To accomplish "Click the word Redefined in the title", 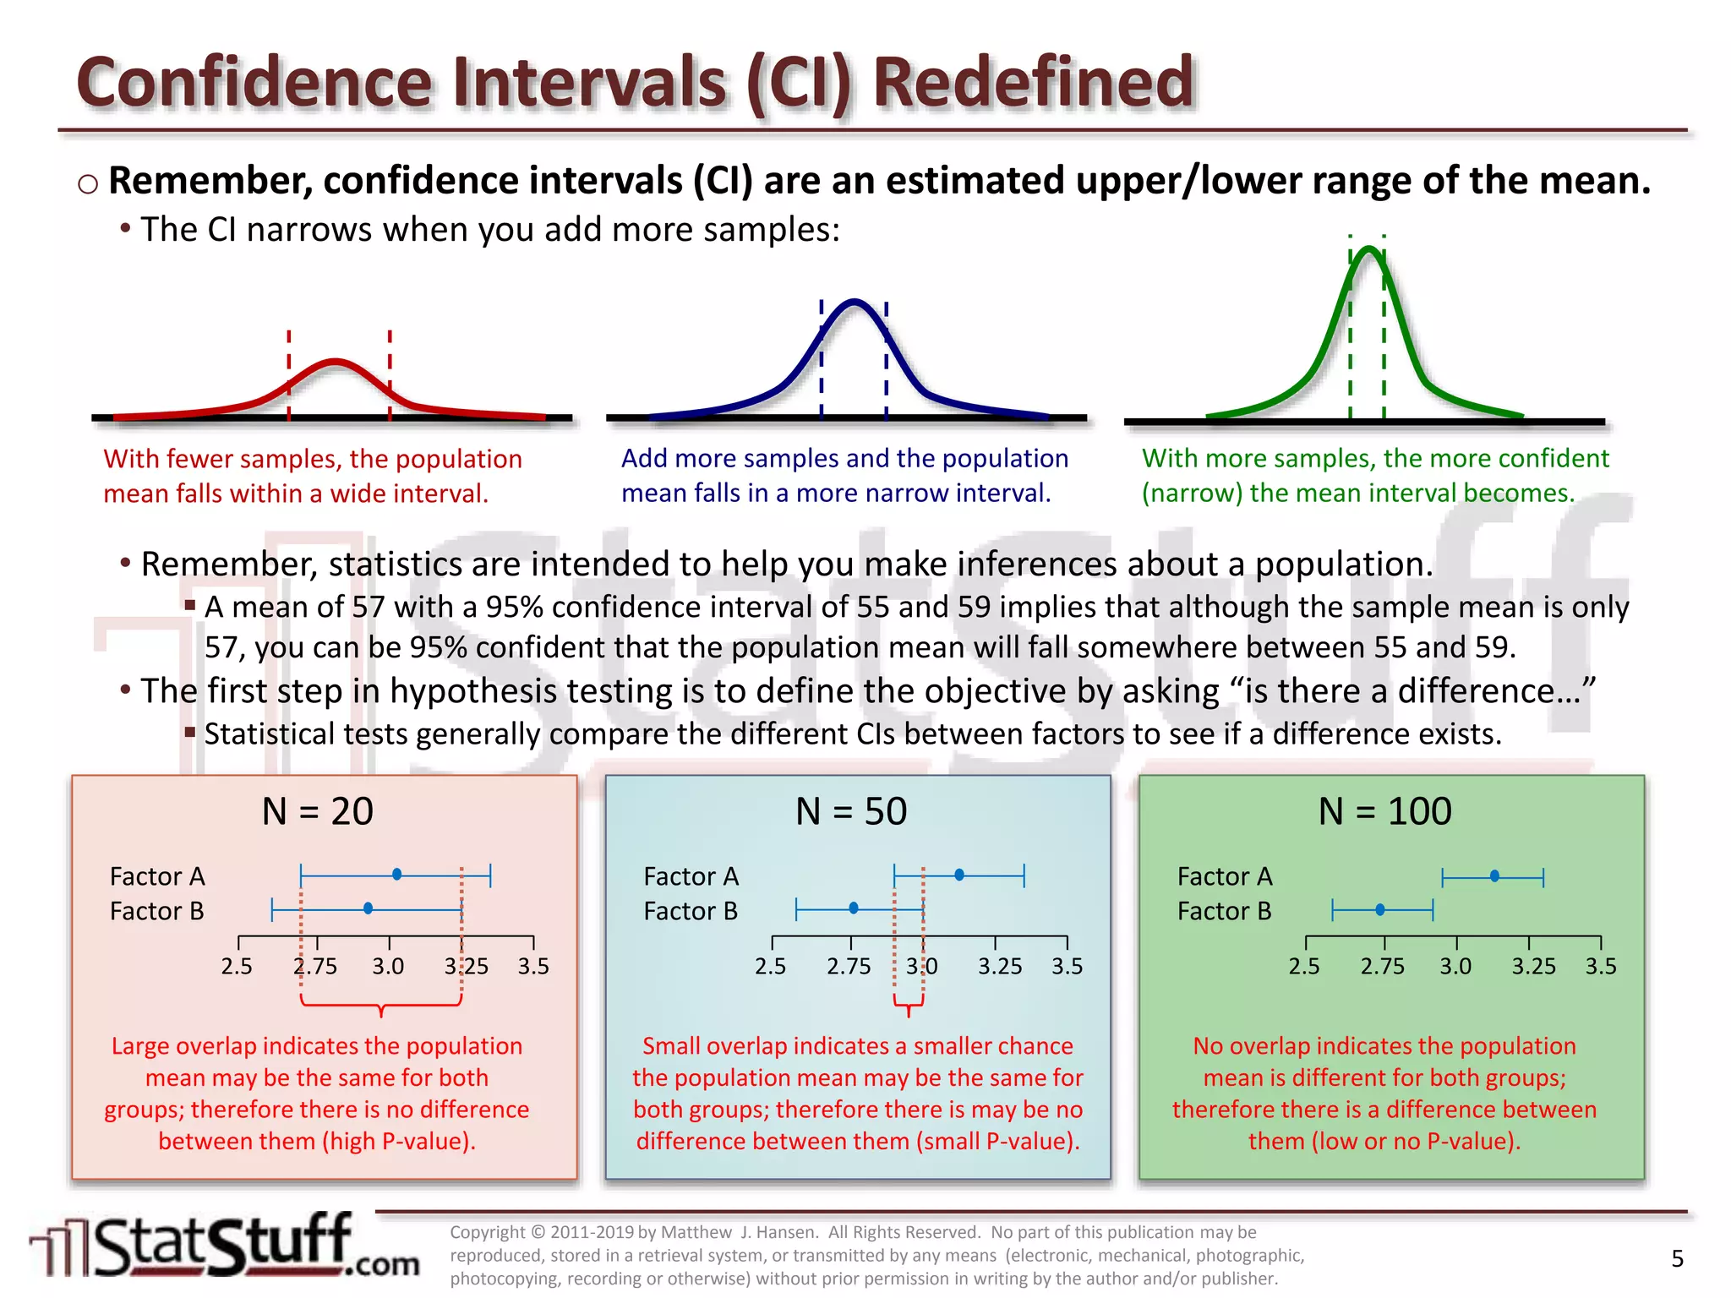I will pyautogui.click(x=1032, y=82).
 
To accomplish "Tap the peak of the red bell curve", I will pyautogui.click(x=336, y=363).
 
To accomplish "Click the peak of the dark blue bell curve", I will pyautogui.click(x=855, y=303).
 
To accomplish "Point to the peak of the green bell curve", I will pyautogui.click(x=1369, y=250).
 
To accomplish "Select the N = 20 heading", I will pyautogui.click(x=317, y=811).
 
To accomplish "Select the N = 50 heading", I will pyautogui.click(x=850, y=811).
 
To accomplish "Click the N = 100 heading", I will pyautogui.click(x=1384, y=811).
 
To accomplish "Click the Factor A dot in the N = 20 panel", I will pyautogui.click(x=396, y=875).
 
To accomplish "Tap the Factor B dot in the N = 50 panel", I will pyautogui.click(x=854, y=908).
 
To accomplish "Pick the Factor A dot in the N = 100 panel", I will pyautogui.click(x=1494, y=876).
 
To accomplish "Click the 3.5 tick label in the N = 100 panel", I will pyautogui.click(x=1600, y=966).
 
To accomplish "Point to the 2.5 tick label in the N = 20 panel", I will pyautogui.click(x=237, y=966).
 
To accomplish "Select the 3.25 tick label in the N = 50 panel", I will pyautogui.click(x=1000, y=966).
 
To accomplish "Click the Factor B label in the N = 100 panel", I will pyautogui.click(x=1224, y=911).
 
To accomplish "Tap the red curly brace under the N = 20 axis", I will pyautogui.click(x=381, y=1006).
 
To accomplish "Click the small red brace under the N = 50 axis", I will pyautogui.click(x=909, y=1006).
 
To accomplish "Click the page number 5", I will pyautogui.click(x=1677, y=1258).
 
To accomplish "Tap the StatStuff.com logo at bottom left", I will pyautogui.click(x=224, y=1246).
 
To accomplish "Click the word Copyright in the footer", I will pyautogui.click(x=487, y=1232).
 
